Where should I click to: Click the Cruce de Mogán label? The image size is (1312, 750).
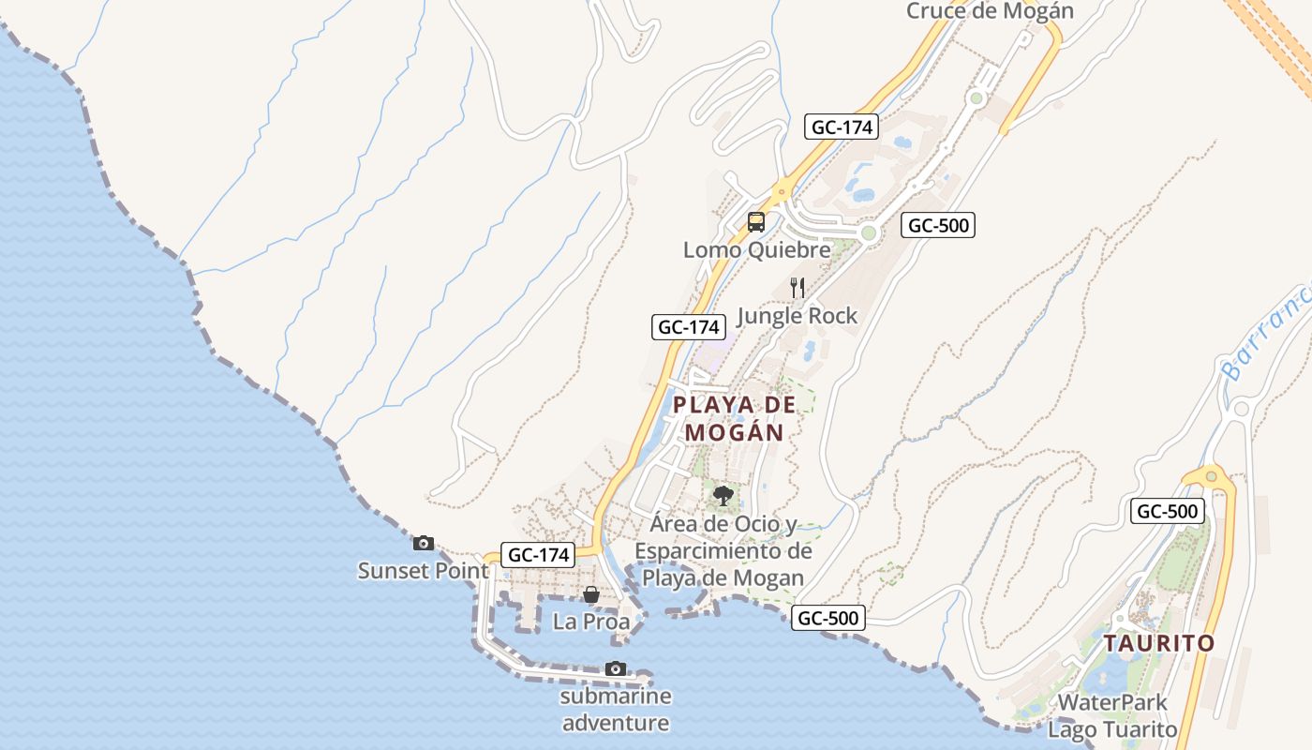pos(989,11)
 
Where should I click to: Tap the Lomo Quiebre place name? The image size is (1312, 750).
pos(756,250)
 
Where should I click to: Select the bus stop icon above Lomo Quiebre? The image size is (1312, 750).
pos(756,222)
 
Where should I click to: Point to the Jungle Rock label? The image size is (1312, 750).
pos(797,316)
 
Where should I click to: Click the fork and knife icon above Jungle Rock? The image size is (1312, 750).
pos(798,287)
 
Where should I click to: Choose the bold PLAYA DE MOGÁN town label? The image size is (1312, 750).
pos(734,418)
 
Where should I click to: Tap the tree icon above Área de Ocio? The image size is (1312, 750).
pos(723,495)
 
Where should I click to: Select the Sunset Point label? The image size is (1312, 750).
pos(423,570)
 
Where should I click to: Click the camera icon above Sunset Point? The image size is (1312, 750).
pos(424,543)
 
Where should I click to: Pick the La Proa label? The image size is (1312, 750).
pos(591,621)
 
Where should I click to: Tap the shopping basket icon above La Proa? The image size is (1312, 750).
pos(591,594)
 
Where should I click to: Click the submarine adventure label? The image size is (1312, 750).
pos(616,710)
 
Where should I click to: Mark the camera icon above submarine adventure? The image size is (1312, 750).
pos(616,668)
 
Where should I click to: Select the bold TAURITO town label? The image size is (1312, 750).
pos(1158,644)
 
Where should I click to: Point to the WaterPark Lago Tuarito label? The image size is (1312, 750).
pos(1112,715)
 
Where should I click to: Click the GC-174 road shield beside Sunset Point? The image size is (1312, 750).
pos(538,554)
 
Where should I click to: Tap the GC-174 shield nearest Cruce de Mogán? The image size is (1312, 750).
pos(842,127)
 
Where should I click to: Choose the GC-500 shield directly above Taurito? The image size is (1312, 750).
pos(1168,511)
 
